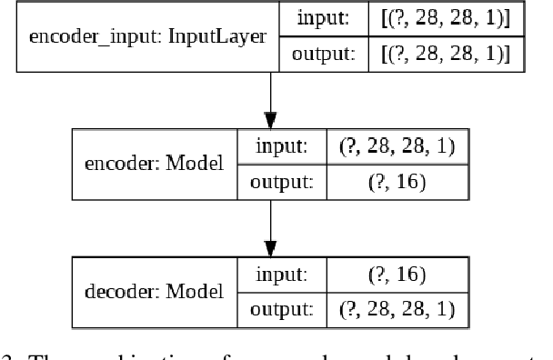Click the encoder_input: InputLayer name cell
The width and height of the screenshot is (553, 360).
tap(147, 37)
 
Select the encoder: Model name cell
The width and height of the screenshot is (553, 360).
tap(154, 165)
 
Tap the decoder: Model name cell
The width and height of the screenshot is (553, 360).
tap(152, 292)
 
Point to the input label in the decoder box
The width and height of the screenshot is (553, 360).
tap(284, 274)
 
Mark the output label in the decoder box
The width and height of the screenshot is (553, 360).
tap(284, 309)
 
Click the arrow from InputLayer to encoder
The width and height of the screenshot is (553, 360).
tap(270, 95)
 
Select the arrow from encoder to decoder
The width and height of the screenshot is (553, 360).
tap(270, 223)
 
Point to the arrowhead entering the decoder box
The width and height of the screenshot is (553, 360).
tap(270, 247)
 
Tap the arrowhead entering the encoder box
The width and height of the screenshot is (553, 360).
tap(270, 120)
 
